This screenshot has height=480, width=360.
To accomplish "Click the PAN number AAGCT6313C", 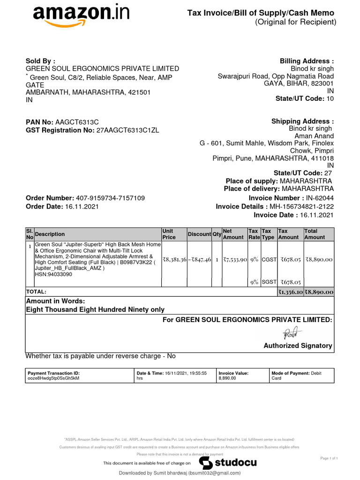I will pyautogui.click(x=77, y=122).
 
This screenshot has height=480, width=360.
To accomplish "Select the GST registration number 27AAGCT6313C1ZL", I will pyautogui.click(x=127, y=130).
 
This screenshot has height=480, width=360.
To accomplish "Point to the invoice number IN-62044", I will pyautogui.click(x=320, y=198).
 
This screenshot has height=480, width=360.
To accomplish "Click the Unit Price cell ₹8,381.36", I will pyautogui.click(x=174, y=259).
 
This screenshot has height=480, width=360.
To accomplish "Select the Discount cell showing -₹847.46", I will pyautogui.click(x=200, y=259).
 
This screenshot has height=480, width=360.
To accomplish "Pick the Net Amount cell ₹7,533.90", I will pyautogui.click(x=235, y=259).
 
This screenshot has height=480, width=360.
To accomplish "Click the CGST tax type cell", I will pyautogui.click(x=269, y=259).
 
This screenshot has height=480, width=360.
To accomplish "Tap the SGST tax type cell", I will pyautogui.click(x=269, y=282).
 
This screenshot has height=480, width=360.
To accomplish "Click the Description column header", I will pyautogui.click(x=50, y=234).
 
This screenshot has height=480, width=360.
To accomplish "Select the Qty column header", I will pyautogui.click(x=217, y=234).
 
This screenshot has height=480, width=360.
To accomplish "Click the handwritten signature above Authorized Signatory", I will pyautogui.click(x=290, y=333).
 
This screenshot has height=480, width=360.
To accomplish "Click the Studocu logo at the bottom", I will pyautogui.click(x=228, y=463).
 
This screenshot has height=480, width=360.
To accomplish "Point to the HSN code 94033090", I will pyautogui.click(x=53, y=274).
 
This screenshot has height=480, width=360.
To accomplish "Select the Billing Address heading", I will pyautogui.click(x=307, y=61).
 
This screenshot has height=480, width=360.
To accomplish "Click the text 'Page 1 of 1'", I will pyautogui.click(x=329, y=458).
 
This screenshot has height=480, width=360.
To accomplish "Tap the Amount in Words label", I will pyautogui.click(x=55, y=301).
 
